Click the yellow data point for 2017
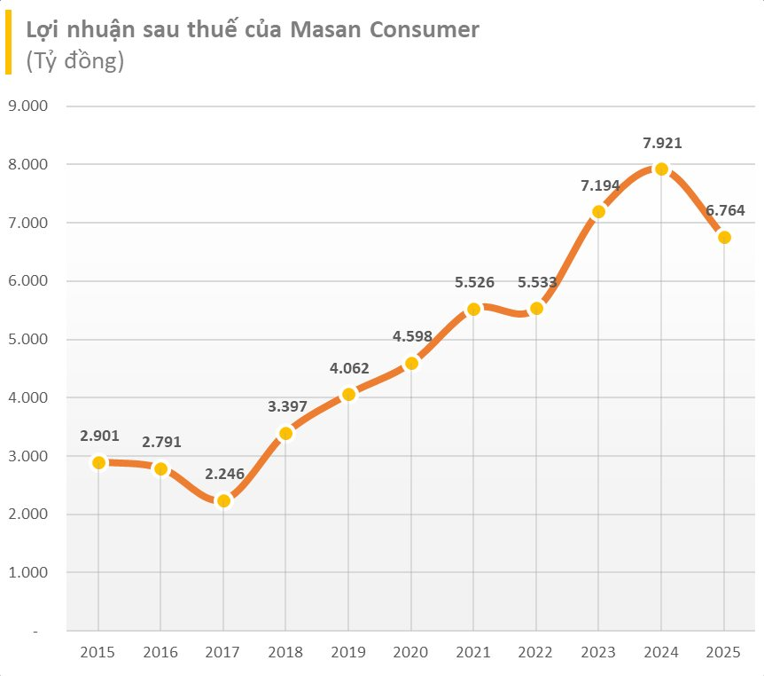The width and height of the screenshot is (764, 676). pos(223,501)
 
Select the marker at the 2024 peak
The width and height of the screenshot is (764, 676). pos(661,169)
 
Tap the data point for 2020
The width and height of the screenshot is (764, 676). pos(411,363)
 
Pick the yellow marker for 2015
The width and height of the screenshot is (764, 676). pos(98,462)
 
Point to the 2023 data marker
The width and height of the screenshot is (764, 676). pos(598,211)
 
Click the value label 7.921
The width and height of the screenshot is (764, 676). pos(661,142)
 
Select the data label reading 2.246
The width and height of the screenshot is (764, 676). pos(223,474)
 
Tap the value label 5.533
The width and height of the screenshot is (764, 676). pos(536,282)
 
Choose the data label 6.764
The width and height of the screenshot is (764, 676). pos(724,210)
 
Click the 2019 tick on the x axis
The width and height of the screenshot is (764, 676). pos(348,652)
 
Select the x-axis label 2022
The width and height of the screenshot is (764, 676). pos(536,652)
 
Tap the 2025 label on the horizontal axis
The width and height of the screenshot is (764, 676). pos(724,652)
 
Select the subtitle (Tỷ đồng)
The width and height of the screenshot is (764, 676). pos(74,60)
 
